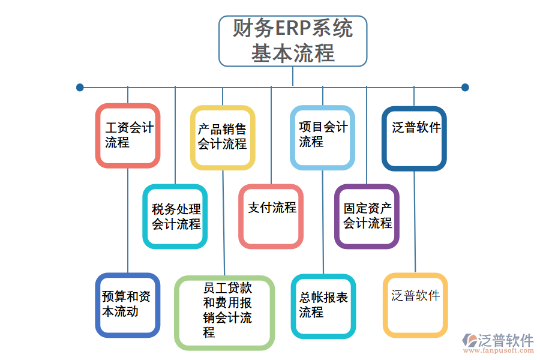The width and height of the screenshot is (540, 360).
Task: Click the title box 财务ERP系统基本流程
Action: coord(292,41)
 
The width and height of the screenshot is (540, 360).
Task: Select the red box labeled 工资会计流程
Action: coord(128,136)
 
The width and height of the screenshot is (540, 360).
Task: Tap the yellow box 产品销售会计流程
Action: coord(223,137)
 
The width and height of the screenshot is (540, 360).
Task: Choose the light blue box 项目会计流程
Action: coord(322,136)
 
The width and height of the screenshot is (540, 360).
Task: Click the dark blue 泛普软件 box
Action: coord(414,138)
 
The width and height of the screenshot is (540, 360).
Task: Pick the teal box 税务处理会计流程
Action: coord(175,217)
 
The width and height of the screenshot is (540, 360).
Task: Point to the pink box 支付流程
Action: coord(271,216)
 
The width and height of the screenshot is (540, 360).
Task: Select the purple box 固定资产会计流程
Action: coord(367,216)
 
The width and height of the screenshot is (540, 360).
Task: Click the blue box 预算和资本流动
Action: coord(128,305)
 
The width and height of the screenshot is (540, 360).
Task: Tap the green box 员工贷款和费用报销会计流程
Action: coord(224,313)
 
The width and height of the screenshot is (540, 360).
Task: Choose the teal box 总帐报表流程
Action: coord(323,306)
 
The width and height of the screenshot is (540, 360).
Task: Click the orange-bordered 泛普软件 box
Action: coord(415,305)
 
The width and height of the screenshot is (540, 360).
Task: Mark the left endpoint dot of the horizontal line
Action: coord(80,88)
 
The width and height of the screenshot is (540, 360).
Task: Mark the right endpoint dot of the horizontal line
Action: coord(465,88)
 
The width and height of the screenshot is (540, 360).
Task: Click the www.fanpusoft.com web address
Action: coord(499,352)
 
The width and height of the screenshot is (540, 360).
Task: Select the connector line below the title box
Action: coord(293,76)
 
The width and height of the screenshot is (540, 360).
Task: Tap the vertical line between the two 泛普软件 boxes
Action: coord(415,222)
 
